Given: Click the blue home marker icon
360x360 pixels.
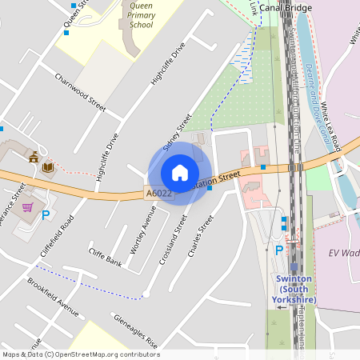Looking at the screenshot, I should [x=180, y=173].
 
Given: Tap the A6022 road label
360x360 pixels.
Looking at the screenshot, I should [x=158, y=193].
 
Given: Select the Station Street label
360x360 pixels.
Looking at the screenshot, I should [x=218, y=178].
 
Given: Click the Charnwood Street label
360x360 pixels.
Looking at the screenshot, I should [x=80, y=92].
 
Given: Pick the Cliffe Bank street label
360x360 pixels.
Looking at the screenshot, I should [x=105, y=262].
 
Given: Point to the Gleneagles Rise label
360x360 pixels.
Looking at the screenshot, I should [x=135, y=330].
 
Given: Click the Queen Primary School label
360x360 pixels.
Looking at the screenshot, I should [x=141, y=14].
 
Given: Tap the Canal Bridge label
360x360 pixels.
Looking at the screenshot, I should [x=308, y=9].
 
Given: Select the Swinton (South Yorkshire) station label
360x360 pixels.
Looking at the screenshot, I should [x=296, y=289].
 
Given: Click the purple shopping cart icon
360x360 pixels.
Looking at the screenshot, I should [x=27, y=208].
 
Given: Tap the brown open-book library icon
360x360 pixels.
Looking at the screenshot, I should [x=47, y=166].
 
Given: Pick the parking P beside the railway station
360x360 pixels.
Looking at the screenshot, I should [x=278, y=250].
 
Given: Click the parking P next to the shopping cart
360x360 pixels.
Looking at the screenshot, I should [x=46, y=214].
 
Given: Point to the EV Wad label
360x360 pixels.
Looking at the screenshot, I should [x=343, y=253].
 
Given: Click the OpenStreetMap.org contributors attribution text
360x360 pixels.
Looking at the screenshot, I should [x=109, y=354].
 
